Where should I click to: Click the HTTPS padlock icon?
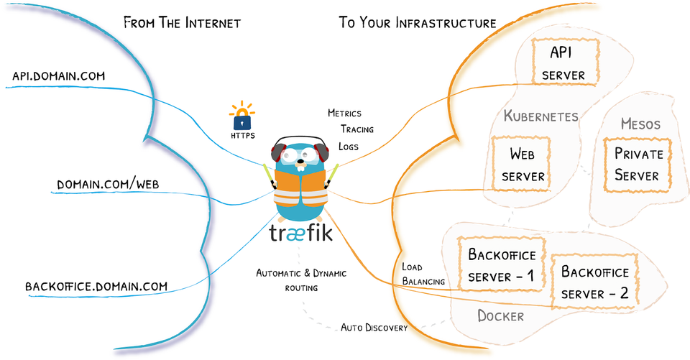(x=242, y=117)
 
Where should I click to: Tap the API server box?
(x=563, y=63)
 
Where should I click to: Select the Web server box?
(x=523, y=164)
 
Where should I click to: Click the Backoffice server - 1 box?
(x=502, y=265)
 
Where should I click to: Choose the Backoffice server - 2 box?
(x=594, y=282)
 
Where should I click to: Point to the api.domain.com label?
(x=59, y=75)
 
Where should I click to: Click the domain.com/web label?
(x=108, y=185)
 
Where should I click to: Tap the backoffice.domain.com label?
(x=96, y=286)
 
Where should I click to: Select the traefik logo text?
(x=301, y=234)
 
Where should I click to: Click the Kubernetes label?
(x=540, y=116)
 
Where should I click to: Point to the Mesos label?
(x=640, y=124)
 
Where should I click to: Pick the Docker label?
(x=501, y=315)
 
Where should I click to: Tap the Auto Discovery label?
(x=374, y=328)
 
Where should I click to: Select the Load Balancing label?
(x=423, y=274)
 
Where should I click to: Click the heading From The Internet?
(x=182, y=23)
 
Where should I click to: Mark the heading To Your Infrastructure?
(x=417, y=23)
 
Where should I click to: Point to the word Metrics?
(x=344, y=114)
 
